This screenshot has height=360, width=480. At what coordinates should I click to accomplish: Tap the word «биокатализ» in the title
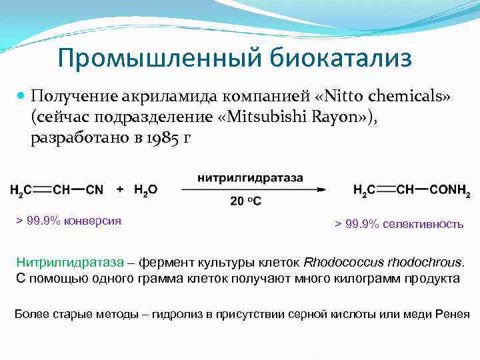point(341,58)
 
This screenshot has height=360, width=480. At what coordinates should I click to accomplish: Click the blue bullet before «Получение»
point(21,96)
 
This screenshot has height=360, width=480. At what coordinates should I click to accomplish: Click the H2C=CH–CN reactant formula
point(57,189)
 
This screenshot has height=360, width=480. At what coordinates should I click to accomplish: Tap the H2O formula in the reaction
point(145,189)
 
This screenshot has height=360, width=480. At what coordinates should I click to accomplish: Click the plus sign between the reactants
point(120,189)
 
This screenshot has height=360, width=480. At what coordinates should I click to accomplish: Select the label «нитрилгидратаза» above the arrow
point(250,178)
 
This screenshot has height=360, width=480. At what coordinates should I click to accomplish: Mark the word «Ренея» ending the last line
point(453,314)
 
